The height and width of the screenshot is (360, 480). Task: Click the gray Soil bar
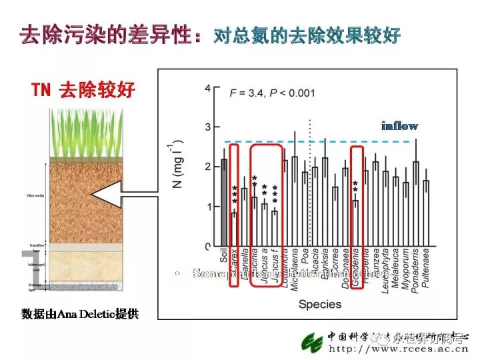point(225,203)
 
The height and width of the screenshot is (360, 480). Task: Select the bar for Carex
point(234,229)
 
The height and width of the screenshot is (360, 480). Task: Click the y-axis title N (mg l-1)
point(177,165)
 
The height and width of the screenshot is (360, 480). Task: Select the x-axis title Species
point(320,305)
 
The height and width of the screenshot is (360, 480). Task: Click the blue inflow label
point(399,125)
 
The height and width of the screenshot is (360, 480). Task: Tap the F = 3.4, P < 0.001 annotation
point(273,93)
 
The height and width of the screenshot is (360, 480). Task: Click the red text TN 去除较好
point(83,90)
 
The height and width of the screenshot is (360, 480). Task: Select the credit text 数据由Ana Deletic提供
point(80,313)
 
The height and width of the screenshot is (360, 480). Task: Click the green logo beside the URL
point(311,342)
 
